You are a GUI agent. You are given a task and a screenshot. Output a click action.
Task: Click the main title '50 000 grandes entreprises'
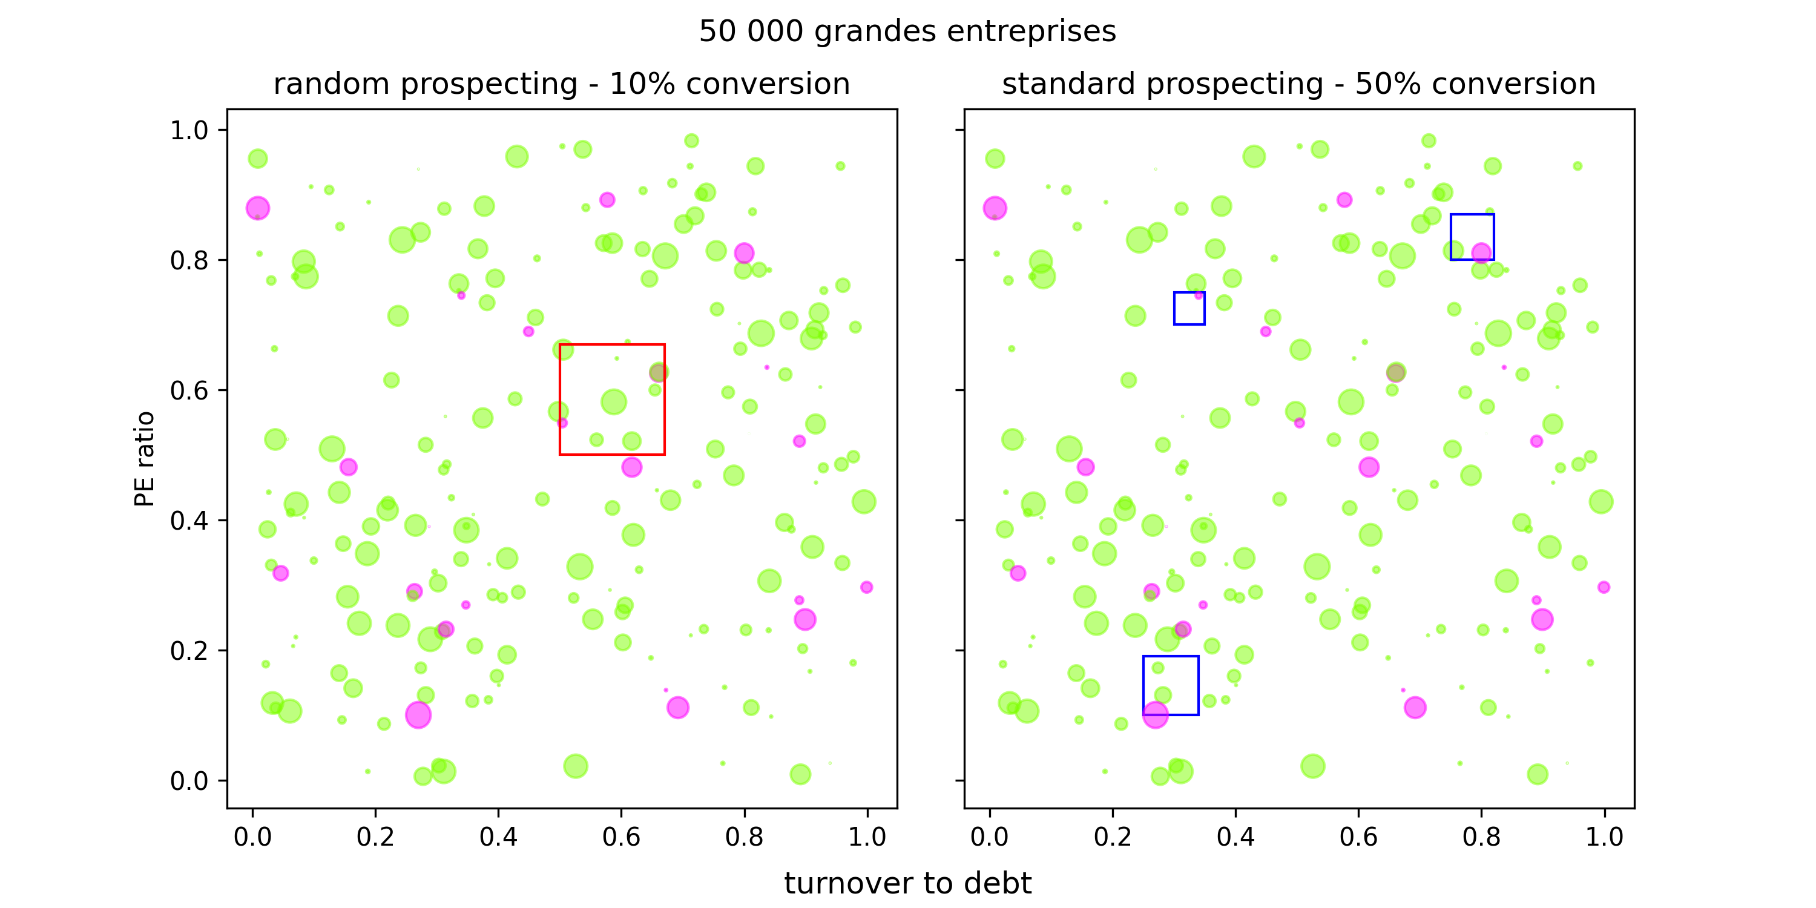tap(907, 31)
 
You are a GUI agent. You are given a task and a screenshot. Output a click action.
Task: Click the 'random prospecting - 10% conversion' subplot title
tap(561, 84)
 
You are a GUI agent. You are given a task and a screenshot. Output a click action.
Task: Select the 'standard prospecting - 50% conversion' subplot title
tap(1298, 84)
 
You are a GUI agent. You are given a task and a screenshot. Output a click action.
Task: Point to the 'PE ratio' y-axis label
tap(145, 458)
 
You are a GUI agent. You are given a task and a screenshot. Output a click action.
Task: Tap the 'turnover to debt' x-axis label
tap(907, 883)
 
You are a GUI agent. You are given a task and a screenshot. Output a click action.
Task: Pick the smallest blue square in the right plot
tap(1189, 292)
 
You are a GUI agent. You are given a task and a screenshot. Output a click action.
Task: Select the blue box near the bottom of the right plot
tap(1170, 657)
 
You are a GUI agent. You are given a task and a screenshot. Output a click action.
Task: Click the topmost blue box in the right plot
tap(1472, 215)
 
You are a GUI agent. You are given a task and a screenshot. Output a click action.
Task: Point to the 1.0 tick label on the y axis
tap(189, 130)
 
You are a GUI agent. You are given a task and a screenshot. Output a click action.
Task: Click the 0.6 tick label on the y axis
tap(189, 390)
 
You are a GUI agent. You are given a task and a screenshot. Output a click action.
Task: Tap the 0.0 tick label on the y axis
tap(189, 781)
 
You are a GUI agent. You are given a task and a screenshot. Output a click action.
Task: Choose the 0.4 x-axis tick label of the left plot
tap(498, 837)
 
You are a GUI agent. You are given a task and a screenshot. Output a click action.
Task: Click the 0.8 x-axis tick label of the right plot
tap(1481, 837)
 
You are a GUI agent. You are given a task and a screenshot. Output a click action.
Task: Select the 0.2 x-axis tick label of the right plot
tap(1113, 837)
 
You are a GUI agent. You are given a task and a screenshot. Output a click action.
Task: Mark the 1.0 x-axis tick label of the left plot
tap(867, 837)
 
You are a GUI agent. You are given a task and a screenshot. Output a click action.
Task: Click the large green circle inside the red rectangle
tap(613, 402)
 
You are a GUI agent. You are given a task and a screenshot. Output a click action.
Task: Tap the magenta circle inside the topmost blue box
tap(1481, 252)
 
